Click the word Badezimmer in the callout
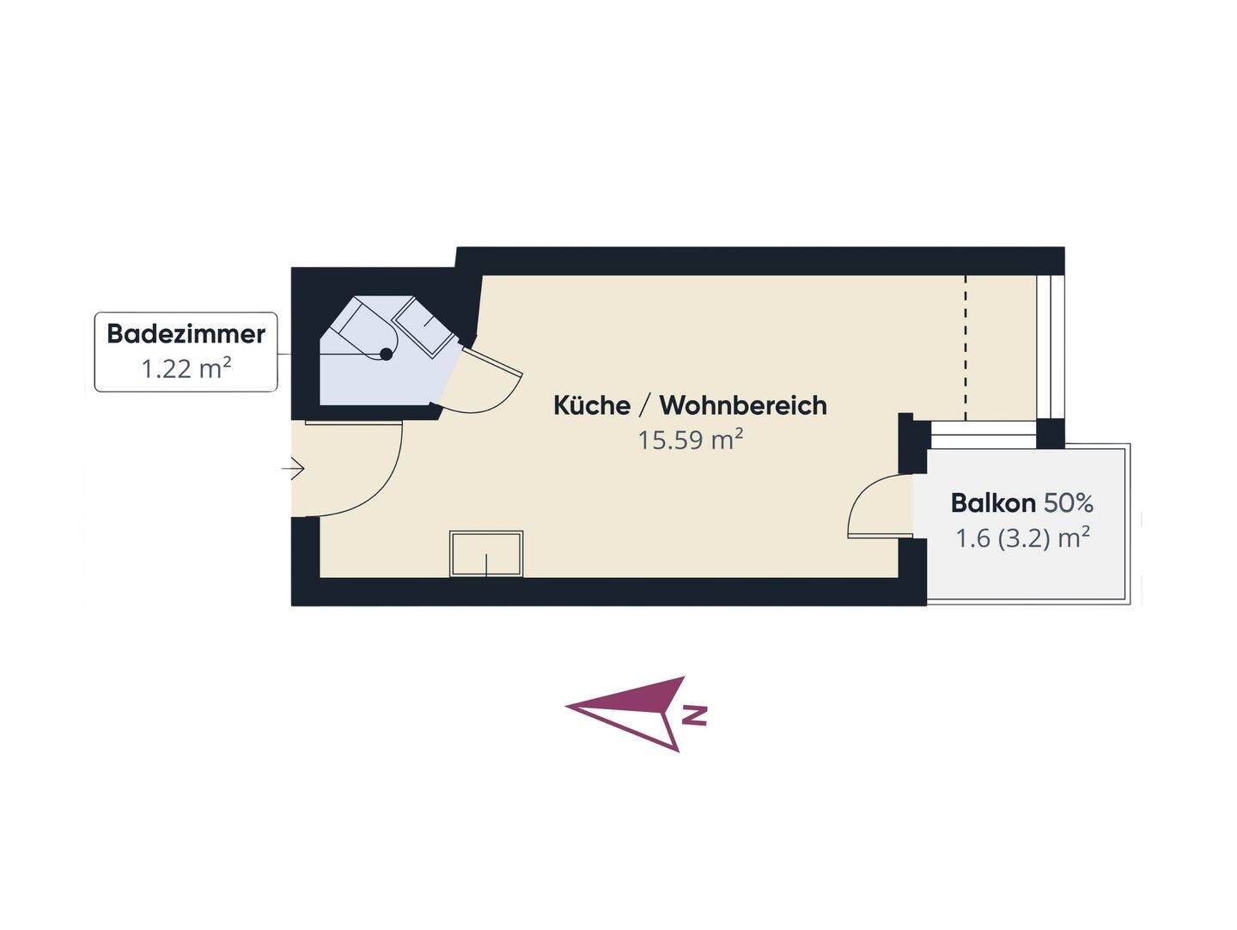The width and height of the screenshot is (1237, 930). coord(186,334)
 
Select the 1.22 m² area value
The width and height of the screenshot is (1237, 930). coord(186,369)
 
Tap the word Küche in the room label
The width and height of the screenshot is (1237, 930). coord(592,405)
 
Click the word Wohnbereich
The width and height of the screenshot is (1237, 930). coord(743,405)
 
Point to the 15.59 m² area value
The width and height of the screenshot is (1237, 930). coord(691,440)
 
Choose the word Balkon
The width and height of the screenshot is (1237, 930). coord(993,503)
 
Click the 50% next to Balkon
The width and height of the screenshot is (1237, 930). coord(1069,503)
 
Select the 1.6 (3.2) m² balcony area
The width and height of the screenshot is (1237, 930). coord(1022,538)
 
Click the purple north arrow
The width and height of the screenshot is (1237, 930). coord(637,713)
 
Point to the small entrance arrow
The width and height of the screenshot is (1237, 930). coord(293,468)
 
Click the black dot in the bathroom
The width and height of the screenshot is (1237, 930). coord(386,354)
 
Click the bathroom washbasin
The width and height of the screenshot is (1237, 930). coord(424,328)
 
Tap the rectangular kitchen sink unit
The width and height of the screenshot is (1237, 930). coord(486,554)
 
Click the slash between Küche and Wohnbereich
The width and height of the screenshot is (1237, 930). coord(645,405)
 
